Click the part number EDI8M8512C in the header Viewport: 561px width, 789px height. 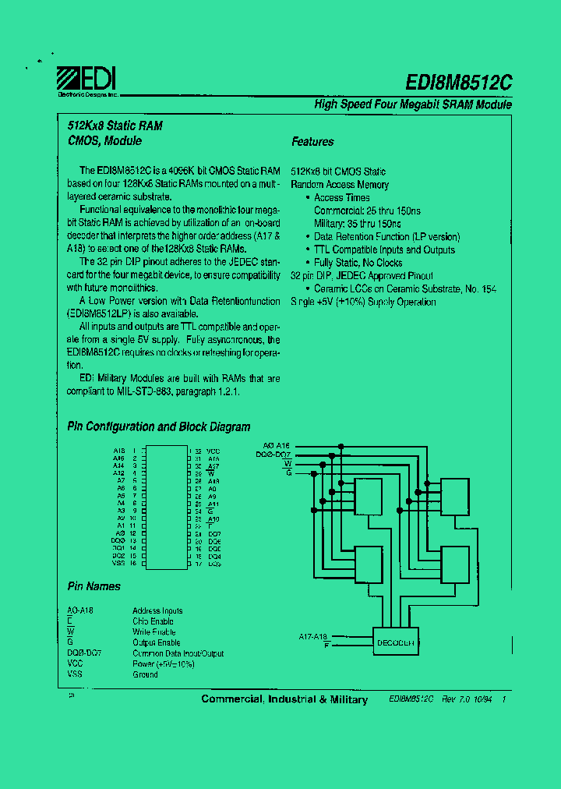pos(458,83)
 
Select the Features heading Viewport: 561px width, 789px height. pos(312,142)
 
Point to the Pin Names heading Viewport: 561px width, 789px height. pos(93,586)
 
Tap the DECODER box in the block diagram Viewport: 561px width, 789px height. pos(396,642)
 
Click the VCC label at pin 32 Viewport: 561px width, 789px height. pos(213,451)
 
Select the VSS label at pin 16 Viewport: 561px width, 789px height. pos(118,563)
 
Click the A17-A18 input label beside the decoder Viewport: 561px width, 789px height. pos(313,637)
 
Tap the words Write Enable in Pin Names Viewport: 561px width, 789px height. pos(154,632)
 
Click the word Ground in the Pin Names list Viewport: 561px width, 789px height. pos(145,674)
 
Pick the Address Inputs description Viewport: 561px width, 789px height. pos(157,611)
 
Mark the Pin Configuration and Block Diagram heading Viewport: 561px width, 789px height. pos(159,427)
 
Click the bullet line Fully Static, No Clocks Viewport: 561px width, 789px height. pos(358,263)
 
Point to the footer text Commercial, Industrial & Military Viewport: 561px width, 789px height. pos(284,699)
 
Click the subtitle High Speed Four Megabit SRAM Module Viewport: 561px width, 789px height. pos(413,104)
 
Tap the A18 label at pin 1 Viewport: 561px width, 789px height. pos(118,451)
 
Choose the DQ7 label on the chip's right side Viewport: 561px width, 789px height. pos(214,533)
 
